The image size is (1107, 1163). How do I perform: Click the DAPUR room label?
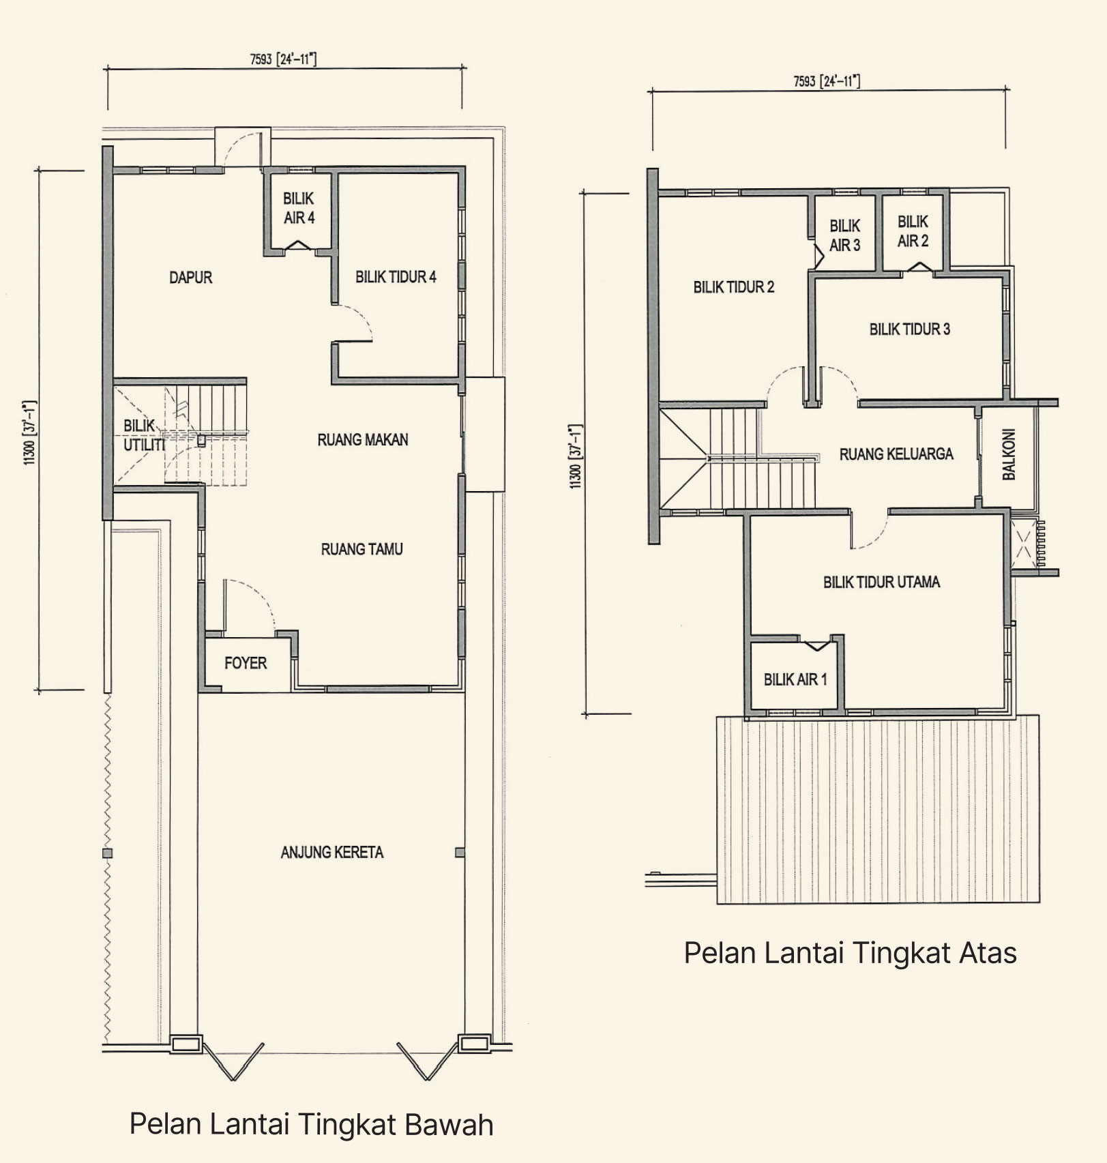click(x=191, y=278)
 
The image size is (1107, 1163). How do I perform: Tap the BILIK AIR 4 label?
click(x=299, y=208)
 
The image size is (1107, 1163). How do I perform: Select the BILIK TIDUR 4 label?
click(x=396, y=277)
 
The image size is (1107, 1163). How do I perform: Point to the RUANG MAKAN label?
click(x=363, y=440)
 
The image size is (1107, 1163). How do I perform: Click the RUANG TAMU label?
click(x=362, y=549)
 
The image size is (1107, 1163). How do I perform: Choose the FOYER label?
click(x=246, y=663)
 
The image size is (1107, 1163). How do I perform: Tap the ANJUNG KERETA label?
click(x=332, y=852)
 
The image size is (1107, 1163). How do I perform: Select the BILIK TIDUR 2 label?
click(x=734, y=287)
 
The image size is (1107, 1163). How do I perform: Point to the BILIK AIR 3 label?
click(x=845, y=235)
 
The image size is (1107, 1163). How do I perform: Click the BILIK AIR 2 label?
click(x=913, y=231)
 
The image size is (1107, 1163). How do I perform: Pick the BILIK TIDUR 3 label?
click(x=910, y=329)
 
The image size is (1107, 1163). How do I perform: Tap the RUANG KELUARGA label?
click(x=896, y=454)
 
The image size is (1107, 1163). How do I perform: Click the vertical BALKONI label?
click(x=1009, y=454)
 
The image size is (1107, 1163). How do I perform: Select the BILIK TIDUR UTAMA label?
click(x=882, y=582)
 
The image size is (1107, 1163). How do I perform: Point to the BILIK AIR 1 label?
click(x=795, y=679)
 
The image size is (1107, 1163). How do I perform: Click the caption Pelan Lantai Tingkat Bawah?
click(x=312, y=1124)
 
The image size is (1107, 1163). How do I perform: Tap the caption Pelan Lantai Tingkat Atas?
click(x=851, y=953)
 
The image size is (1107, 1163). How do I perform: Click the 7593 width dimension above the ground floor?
click(x=284, y=59)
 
